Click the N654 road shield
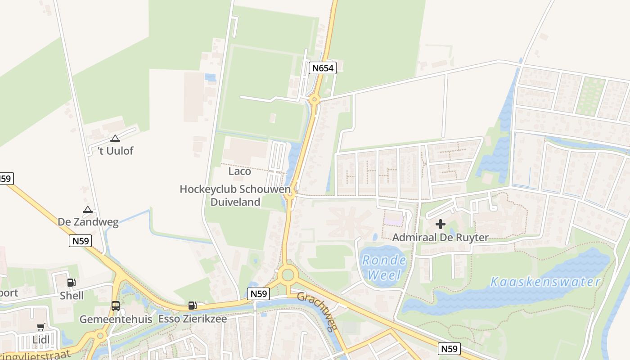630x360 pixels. click(x=323, y=68)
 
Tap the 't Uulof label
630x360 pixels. click(x=116, y=151)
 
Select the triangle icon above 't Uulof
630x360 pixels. click(x=115, y=139)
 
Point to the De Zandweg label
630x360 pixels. click(x=88, y=222)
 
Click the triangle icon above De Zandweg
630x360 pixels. click(x=88, y=209)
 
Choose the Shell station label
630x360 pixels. click(x=72, y=296)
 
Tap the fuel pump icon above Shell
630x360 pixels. click(x=71, y=283)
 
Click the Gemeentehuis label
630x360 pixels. click(x=116, y=319)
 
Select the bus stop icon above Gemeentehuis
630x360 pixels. click(x=116, y=306)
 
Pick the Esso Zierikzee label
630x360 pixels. click(x=192, y=319)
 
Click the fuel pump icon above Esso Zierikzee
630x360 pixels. click(x=192, y=306)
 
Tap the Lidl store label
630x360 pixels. click(x=41, y=340)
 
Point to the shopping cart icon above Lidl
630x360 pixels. click(x=41, y=327)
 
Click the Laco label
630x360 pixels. click(x=239, y=171)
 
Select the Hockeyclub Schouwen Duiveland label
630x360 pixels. click(x=235, y=196)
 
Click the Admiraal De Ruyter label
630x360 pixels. click(x=440, y=237)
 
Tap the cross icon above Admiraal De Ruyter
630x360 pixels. click(x=441, y=224)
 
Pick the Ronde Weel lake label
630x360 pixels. click(x=384, y=267)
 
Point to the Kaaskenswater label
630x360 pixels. click(x=545, y=282)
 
